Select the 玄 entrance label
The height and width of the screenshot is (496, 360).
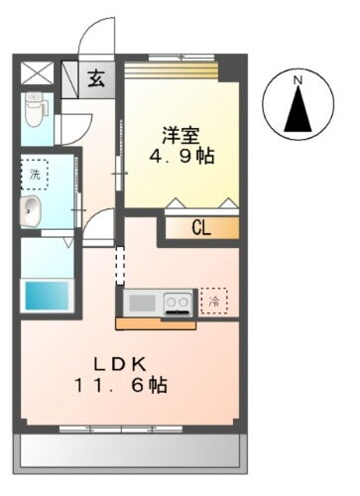[95, 78]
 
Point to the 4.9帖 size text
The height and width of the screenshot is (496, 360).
[180, 157]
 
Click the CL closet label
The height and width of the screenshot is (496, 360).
[201, 228]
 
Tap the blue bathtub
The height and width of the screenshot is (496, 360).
[46, 296]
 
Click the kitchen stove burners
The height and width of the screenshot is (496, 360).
[178, 300]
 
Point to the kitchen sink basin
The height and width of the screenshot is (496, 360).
[142, 300]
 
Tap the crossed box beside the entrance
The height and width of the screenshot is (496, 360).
[36, 73]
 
